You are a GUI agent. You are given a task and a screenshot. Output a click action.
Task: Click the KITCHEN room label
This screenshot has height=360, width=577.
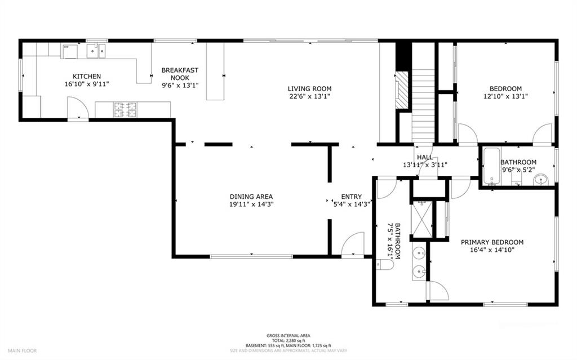pos(86,77)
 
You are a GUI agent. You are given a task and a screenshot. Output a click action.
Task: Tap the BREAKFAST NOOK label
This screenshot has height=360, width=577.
pos(180,74)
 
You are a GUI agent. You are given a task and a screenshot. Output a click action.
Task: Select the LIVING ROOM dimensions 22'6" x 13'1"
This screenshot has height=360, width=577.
pos(309,96)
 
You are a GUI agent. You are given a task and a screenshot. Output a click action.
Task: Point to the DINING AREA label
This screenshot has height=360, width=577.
pos(251,197)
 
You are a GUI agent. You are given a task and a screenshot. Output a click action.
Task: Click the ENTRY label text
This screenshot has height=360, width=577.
pos(352,197)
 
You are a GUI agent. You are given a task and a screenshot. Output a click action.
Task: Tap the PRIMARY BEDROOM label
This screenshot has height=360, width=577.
pos(492,242)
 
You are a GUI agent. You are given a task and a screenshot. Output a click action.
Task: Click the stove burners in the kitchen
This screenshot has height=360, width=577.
pos(125,109)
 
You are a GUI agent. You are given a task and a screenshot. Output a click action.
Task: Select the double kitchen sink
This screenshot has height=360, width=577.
pos(96,51)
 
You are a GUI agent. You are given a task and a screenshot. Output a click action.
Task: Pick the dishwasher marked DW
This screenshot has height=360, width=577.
pos(69,51)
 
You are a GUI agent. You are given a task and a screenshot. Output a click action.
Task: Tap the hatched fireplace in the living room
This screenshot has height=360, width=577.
pos(402,90)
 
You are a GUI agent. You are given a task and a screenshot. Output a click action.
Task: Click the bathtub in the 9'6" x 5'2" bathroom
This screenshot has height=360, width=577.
pos(491,166)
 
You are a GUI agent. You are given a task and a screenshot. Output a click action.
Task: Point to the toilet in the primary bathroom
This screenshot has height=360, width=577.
pos(384,264)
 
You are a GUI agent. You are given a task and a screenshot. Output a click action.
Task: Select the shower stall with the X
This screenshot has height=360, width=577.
pos(421,219)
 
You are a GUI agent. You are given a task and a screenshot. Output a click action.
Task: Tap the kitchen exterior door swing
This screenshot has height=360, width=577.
pos(78,107)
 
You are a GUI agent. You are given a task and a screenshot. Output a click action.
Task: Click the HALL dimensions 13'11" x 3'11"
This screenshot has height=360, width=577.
pos(425,165)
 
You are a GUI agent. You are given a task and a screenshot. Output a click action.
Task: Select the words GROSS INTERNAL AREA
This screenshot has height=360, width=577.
pos(288,336)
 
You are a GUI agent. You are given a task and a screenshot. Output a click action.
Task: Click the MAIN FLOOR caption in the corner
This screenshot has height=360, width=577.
pos(23,351)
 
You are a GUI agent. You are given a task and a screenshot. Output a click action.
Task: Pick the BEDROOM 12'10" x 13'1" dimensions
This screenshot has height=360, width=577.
pos(505,96)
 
